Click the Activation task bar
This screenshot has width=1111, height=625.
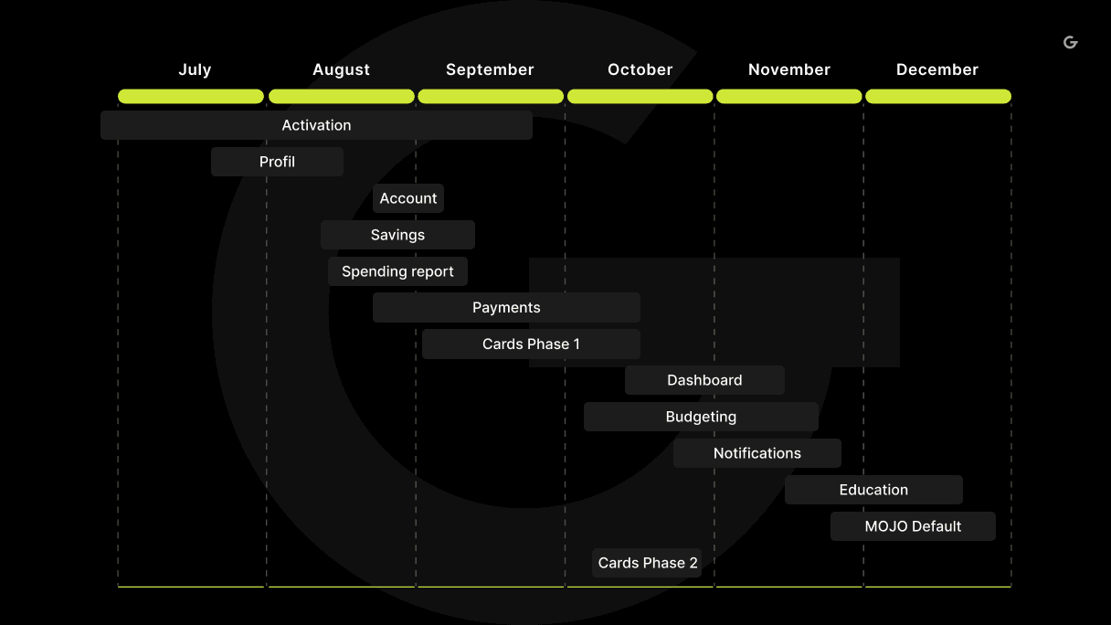tap(316, 125)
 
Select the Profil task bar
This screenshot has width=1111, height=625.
tap(277, 162)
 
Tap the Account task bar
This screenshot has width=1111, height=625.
tap(408, 198)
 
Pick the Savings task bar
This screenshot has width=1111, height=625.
tap(397, 235)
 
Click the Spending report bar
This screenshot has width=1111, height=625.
tap(397, 271)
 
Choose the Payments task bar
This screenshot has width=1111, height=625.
tap(506, 308)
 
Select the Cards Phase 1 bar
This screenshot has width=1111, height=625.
tap(531, 344)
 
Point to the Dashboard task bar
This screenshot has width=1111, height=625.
tap(704, 380)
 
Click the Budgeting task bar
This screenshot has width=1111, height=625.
tap(701, 417)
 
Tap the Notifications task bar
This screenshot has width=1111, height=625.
tap(757, 453)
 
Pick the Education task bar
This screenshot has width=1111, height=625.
tap(874, 490)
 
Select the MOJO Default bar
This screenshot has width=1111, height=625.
tap(913, 526)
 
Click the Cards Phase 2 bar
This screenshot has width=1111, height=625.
tap(647, 563)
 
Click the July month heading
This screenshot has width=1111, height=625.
tap(195, 70)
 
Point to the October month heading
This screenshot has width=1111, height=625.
tap(640, 69)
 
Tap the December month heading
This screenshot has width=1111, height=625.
tap(937, 69)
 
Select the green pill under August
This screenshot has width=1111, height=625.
tap(342, 96)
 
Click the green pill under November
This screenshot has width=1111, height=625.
tap(789, 96)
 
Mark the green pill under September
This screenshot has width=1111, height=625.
tap(491, 96)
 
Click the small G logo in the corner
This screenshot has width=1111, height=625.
tap(1071, 43)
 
